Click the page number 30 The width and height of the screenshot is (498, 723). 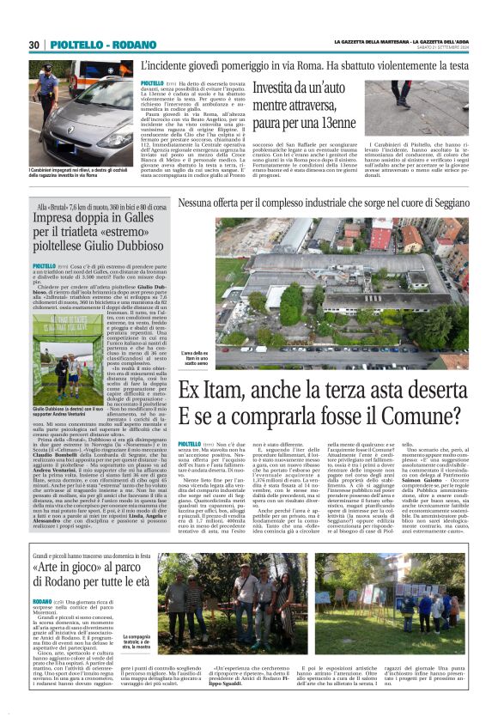pyautogui.click(x=34, y=45)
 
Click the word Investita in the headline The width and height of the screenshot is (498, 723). pyautogui.click(x=276, y=88)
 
